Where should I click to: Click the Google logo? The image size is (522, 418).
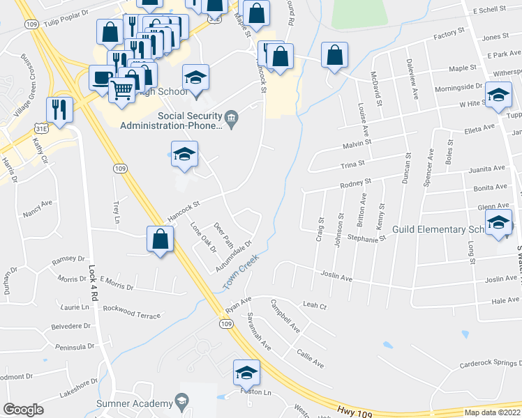23,410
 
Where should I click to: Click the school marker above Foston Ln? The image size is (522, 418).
246,373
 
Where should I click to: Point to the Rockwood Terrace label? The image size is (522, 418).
131,316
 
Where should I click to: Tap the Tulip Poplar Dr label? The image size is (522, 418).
68,14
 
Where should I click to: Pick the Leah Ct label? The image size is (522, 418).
315,305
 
